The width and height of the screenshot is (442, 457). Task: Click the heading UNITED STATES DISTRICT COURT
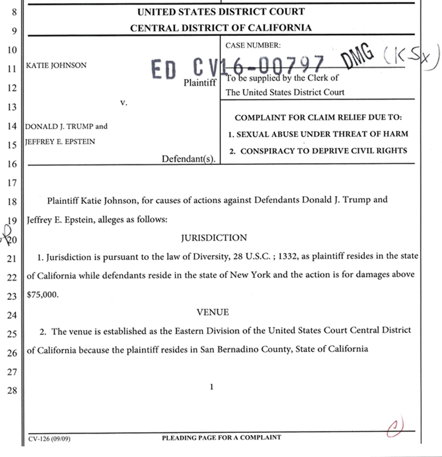221,11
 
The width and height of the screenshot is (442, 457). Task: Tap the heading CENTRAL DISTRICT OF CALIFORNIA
221,28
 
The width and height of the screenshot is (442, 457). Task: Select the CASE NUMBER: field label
253,45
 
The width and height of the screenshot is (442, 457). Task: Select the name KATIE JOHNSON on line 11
56,65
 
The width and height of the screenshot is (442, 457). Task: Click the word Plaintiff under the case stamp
200,83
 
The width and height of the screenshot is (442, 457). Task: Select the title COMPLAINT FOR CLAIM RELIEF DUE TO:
318,118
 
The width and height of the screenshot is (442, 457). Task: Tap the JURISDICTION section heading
214,238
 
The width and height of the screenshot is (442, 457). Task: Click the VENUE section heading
213,312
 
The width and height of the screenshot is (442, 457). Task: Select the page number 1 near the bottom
212,387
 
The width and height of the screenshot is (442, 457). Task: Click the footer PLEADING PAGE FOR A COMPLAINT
221,437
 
